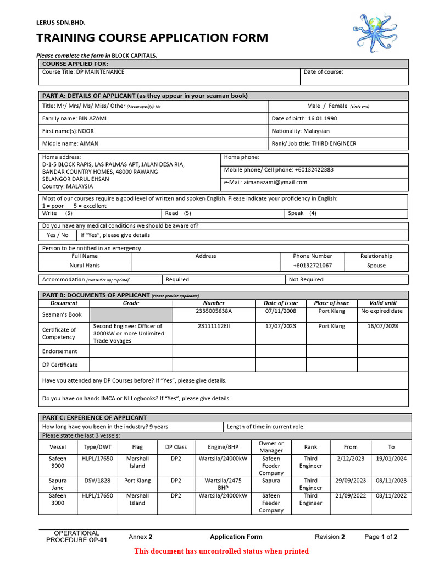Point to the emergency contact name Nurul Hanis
[x=84, y=266]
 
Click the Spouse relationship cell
[x=376, y=266]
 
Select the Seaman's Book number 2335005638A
[x=214, y=311]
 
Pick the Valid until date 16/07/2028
[x=382, y=326]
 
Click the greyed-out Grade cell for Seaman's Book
[x=131, y=314]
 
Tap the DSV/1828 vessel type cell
[x=97, y=481]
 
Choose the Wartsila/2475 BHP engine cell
[x=223, y=484]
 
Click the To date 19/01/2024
[x=391, y=459]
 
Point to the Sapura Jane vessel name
[x=58, y=484]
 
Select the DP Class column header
[x=176, y=447]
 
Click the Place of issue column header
[x=331, y=303]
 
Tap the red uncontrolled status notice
[x=221, y=551]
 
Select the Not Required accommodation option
[x=306, y=280]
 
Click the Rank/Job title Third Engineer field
[x=314, y=143]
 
